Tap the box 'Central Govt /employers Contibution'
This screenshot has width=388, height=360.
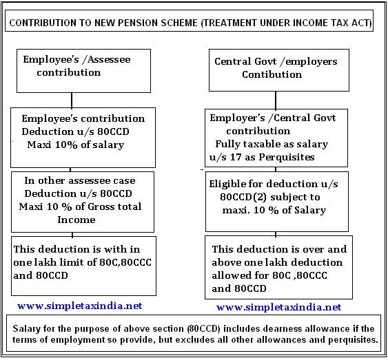[x=276, y=68]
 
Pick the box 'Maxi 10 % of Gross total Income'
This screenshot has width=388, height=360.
[x=83, y=200]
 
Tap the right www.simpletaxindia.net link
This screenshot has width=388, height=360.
[x=278, y=307]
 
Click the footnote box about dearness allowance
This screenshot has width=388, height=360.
[x=194, y=334]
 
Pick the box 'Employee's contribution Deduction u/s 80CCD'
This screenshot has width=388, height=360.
[x=83, y=131]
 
